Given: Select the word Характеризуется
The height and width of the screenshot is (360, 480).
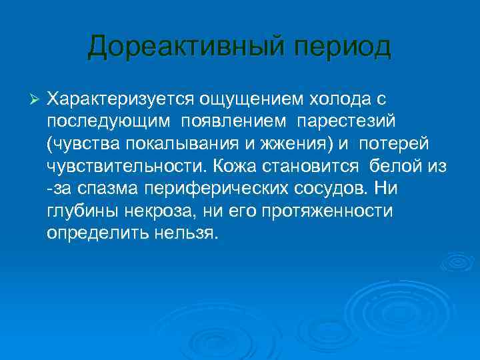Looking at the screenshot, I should (x=119, y=99).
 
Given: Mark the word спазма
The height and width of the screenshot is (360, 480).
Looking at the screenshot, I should (x=104, y=189).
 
